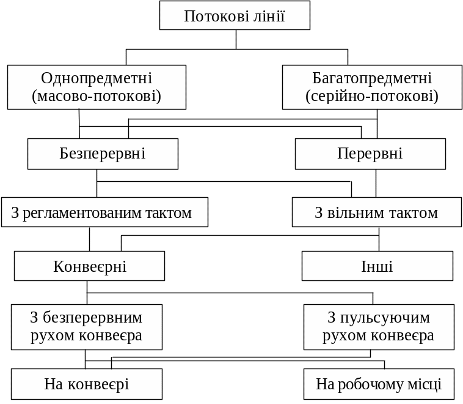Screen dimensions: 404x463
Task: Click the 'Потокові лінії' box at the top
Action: tap(235, 15)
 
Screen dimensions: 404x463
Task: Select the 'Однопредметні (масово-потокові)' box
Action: tap(97, 87)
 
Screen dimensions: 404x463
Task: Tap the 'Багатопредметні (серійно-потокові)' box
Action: tap(372, 87)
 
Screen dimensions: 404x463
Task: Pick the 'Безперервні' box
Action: tap(103, 153)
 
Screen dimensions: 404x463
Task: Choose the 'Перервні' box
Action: tap(370, 153)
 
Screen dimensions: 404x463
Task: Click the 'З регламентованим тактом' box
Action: tap(104, 212)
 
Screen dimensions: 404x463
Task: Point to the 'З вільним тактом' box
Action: tap(376, 212)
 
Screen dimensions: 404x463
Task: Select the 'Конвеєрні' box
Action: tap(89, 266)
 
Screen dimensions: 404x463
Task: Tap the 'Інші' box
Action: tap(377, 266)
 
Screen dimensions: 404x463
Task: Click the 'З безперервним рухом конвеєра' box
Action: tap(86, 327)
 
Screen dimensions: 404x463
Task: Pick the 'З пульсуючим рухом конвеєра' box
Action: tap(379, 327)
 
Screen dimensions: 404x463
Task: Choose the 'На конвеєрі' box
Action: tap(86, 384)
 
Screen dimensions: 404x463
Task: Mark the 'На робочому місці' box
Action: tap(379, 384)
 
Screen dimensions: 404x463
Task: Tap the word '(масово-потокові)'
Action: tap(97, 96)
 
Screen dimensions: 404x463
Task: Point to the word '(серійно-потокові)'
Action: tap(372, 96)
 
